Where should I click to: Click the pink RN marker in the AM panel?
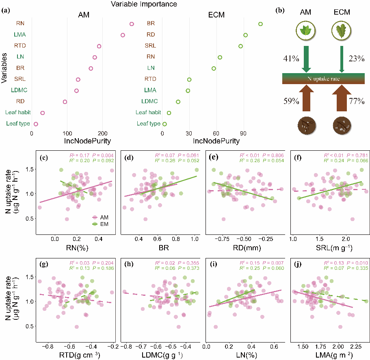click(132, 24)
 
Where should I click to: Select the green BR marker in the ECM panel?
click(260, 24)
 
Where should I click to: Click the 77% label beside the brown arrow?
click(356, 102)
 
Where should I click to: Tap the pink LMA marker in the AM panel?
click(123, 35)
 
